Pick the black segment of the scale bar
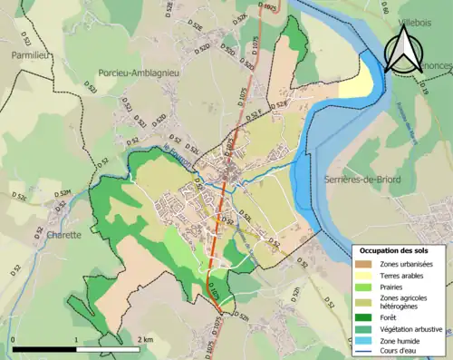tap(44, 348)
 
